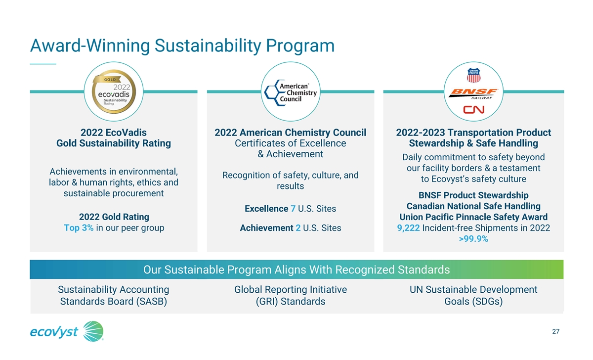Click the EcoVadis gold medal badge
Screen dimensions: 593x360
114,91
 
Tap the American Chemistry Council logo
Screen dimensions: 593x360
291,92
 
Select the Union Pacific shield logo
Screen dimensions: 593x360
473,75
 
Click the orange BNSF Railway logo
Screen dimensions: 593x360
473,94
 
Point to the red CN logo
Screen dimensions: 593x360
473,109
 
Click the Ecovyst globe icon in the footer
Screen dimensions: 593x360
93,331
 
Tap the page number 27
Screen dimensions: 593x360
555,331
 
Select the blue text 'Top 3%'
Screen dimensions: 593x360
79,228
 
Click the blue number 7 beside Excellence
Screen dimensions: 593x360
293,209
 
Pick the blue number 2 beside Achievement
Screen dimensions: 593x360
298,228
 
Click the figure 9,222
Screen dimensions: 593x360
408,228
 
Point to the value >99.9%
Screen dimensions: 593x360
473,239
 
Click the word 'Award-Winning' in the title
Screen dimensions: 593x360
90,45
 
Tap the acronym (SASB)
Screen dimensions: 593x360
151,302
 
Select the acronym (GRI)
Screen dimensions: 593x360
267,302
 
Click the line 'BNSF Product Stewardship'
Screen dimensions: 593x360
473,195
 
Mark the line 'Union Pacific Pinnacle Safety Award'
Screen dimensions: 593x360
473,217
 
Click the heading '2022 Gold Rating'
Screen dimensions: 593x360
114,217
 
